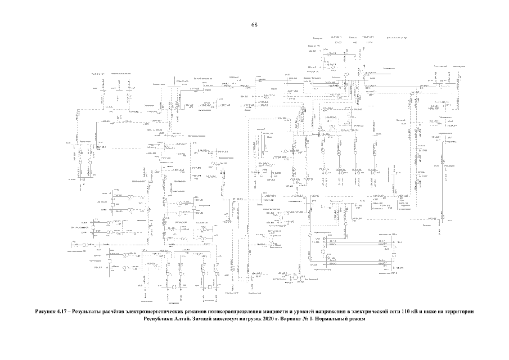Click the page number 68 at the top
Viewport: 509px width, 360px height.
click(254, 25)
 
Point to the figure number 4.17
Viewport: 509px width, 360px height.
click(65, 311)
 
